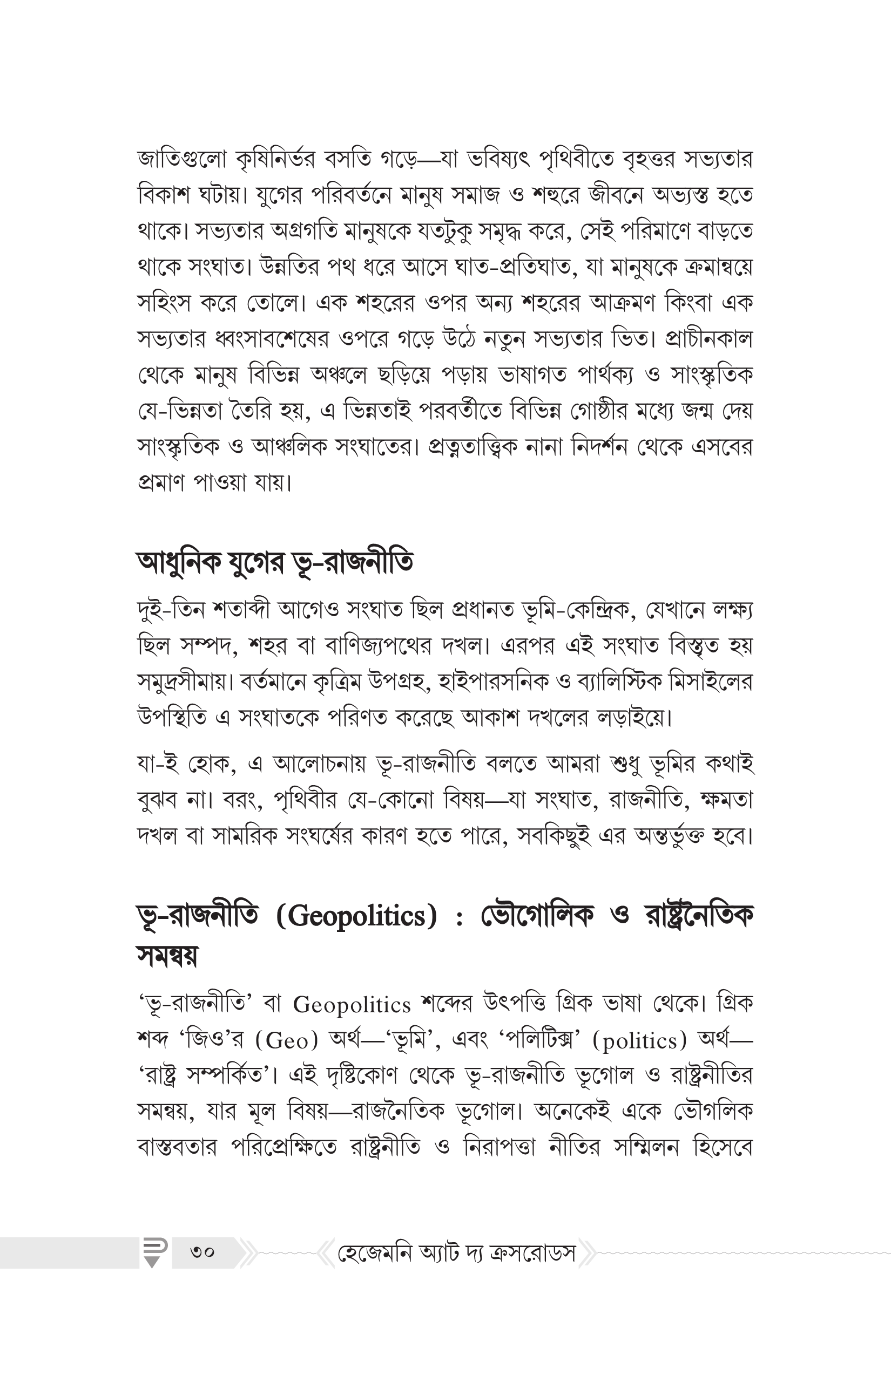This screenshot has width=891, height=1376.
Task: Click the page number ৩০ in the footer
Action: point(202,1253)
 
